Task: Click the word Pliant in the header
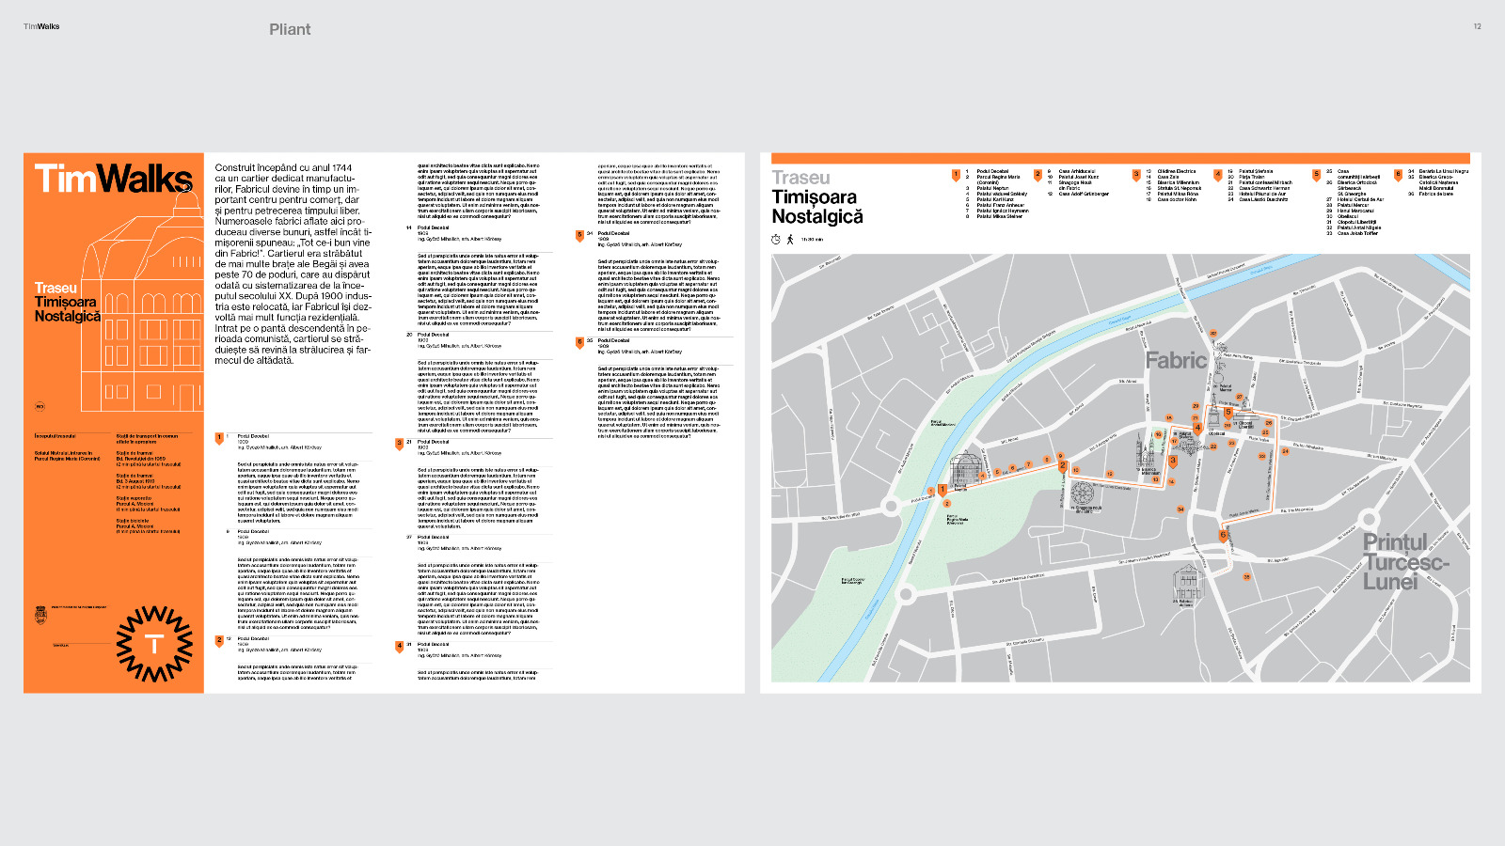pyautogui.click(x=290, y=29)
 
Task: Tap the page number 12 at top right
pyautogui.click(x=1477, y=26)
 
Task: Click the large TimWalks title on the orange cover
pyautogui.click(x=113, y=179)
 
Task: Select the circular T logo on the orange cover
pyautogui.click(x=154, y=644)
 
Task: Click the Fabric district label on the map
pyautogui.click(x=1175, y=360)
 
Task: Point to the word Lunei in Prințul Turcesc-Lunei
pyautogui.click(x=1389, y=582)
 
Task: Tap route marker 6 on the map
pyautogui.click(x=1223, y=535)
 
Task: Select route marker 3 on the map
pyautogui.click(x=1173, y=461)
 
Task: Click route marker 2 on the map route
pyautogui.click(x=1063, y=465)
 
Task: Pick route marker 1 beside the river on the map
pyautogui.click(x=942, y=490)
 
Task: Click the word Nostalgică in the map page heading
pyautogui.click(x=816, y=217)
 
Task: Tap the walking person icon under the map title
pyautogui.click(x=790, y=240)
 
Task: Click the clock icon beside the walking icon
pyautogui.click(x=776, y=240)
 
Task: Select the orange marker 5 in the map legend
pyautogui.click(x=1316, y=174)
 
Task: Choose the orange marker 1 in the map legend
pyautogui.click(x=955, y=174)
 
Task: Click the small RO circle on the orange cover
pyautogui.click(x=40, y=407)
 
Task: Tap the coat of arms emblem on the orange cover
pyautogui.click(x=40, y=615)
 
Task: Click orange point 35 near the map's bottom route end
pyautogui.click(x=1246, y=577)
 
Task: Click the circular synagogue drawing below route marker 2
pyautogui.click(x=1082, y=494)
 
